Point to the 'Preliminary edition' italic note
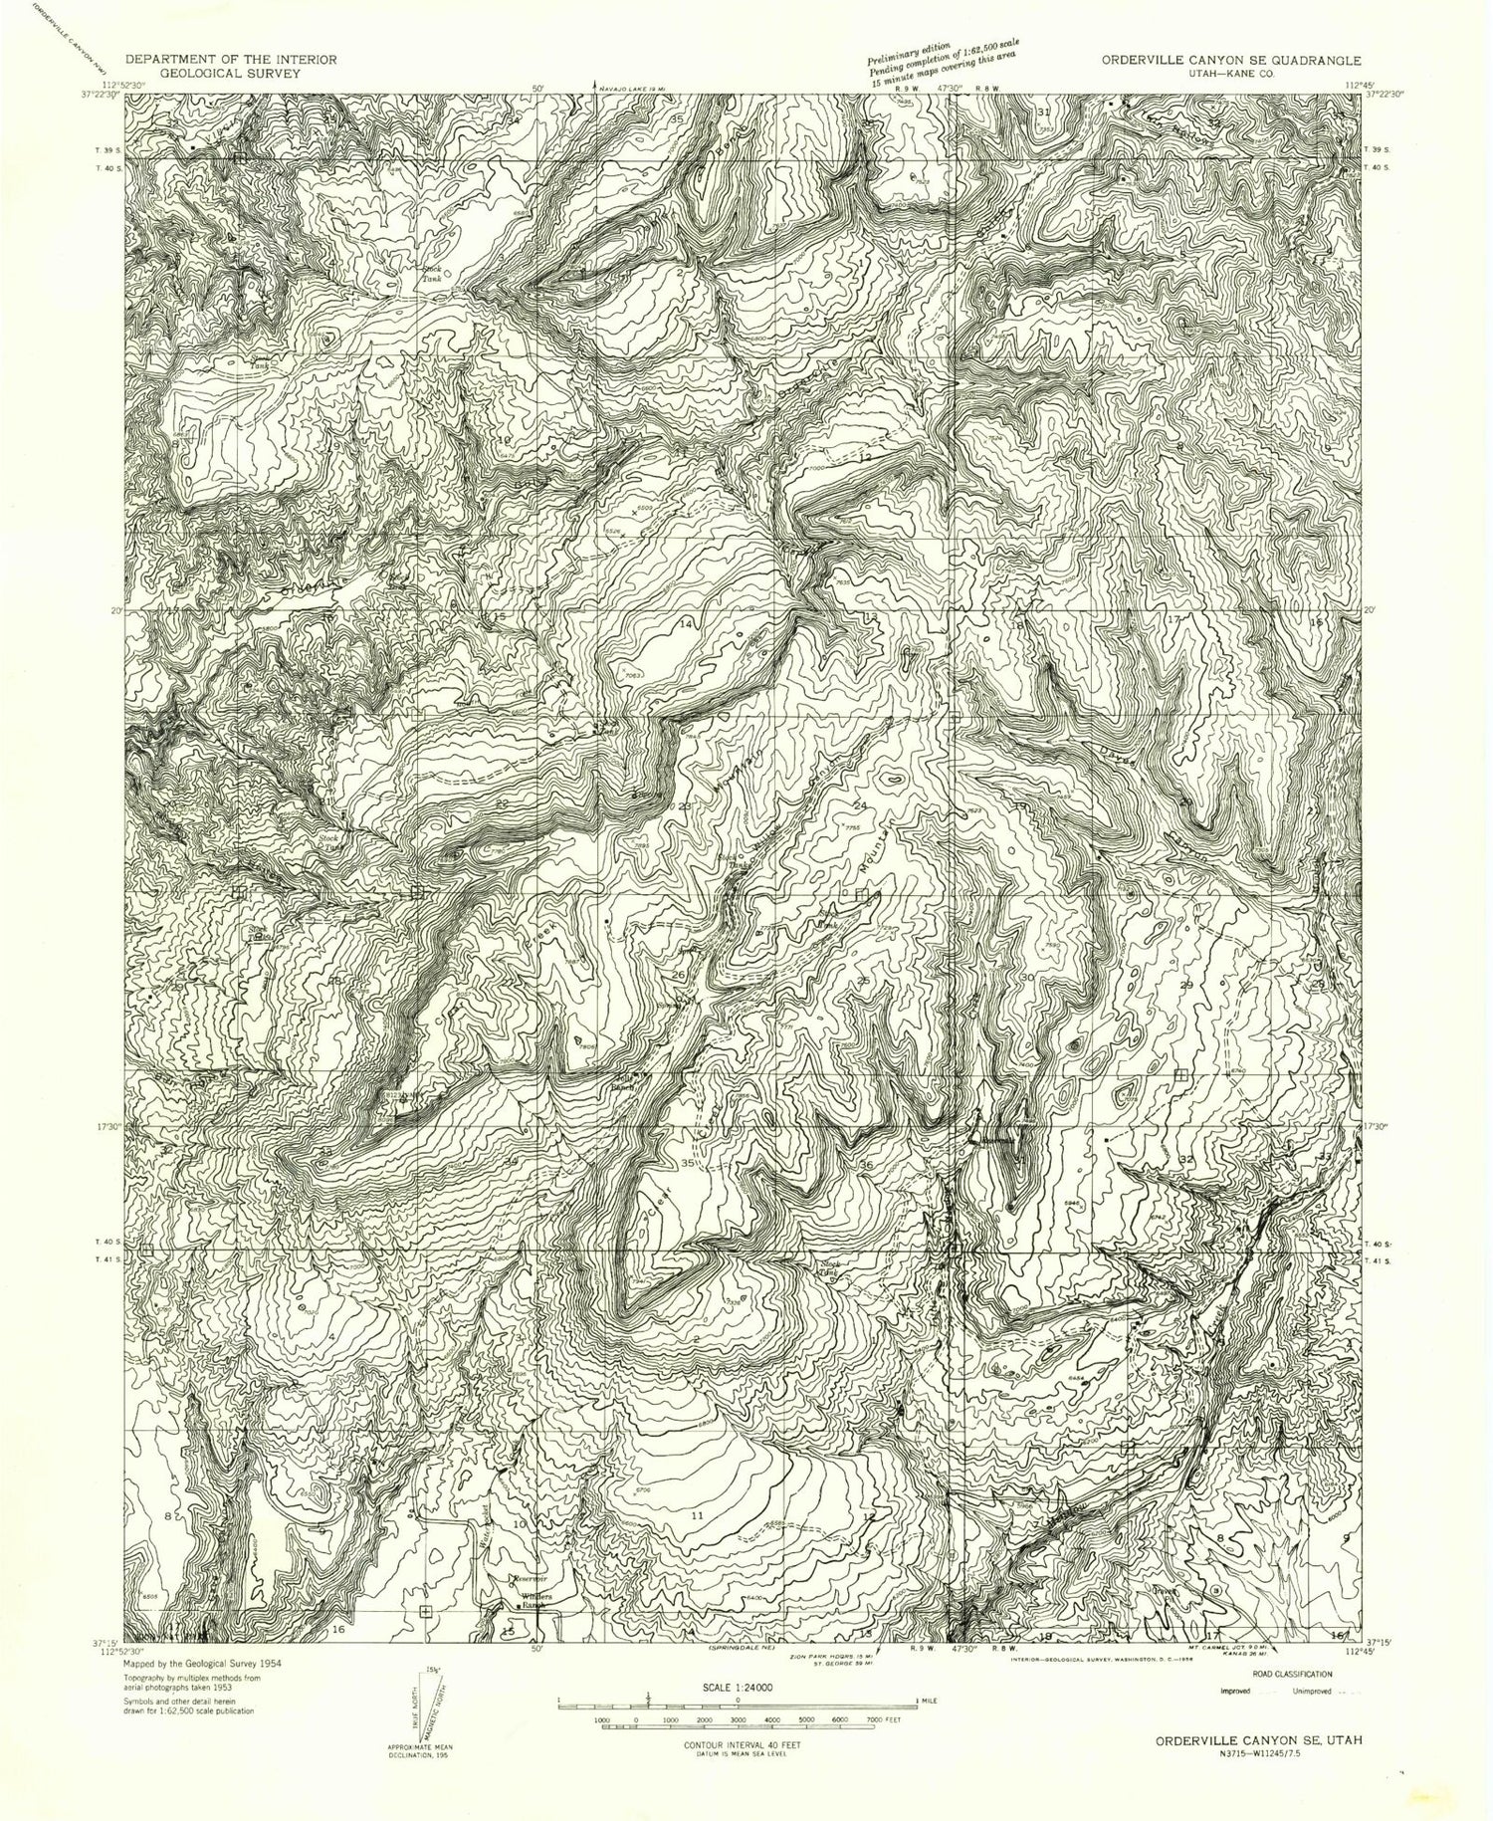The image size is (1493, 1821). (x=909, y=54)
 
